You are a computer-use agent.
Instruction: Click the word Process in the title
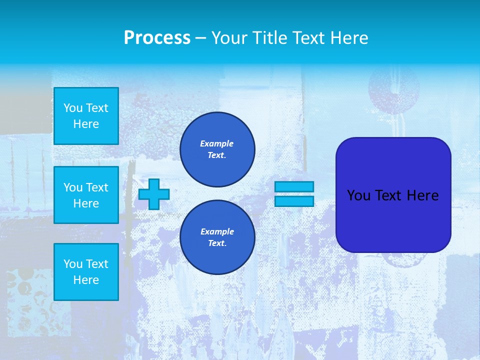click(x=157, y=38)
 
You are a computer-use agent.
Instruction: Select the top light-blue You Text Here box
click(x=86, y=116)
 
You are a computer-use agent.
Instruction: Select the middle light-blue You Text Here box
click(x=86, y=195)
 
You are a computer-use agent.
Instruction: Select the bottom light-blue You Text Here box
click(x=86, y=272)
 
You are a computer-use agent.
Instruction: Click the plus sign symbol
click(x=154, y=194)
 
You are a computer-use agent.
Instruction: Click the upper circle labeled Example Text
click(x=217, y=149)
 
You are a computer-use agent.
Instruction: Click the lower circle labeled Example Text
click(x=217, y=237)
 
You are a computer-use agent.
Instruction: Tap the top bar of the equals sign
click(x=294, y=186)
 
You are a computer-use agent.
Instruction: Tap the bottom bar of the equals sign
click(x=294, y=201)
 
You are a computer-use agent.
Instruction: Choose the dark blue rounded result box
click(x=393, y=195)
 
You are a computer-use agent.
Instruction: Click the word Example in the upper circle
click(x=217, y=143)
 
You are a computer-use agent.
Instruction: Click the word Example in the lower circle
click(x=217, y=231)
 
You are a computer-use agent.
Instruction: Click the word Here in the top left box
click(x=86, y=124)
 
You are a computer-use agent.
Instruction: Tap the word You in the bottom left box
click(x=73, y=264)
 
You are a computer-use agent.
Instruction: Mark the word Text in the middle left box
click(x=97, y=187)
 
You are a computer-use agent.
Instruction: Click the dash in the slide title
click(x=200, y=38)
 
